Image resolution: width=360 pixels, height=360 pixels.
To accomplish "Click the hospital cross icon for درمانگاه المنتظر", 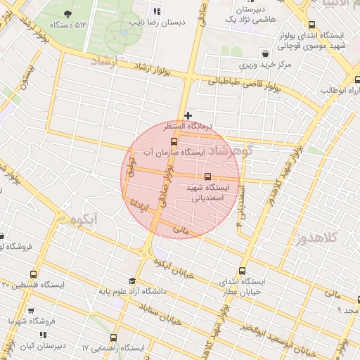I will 188,115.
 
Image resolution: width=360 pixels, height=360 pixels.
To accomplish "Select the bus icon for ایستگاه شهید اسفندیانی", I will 207,177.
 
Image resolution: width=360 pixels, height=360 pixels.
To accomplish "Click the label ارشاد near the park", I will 107,62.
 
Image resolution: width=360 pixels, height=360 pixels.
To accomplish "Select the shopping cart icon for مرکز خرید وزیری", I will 264,53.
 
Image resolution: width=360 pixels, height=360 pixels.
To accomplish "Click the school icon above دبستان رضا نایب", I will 157,11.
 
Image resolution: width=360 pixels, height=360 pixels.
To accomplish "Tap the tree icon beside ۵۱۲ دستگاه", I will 67,14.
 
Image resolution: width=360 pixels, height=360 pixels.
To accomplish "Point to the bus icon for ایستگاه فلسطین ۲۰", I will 33,274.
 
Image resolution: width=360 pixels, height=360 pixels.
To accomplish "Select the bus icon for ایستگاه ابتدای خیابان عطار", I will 243,271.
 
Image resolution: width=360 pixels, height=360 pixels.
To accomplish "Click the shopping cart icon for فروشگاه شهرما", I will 30,310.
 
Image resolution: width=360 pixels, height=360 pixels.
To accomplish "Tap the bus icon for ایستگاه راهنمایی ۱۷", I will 115,338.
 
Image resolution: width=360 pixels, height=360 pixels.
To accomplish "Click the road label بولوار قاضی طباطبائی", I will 243,82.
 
